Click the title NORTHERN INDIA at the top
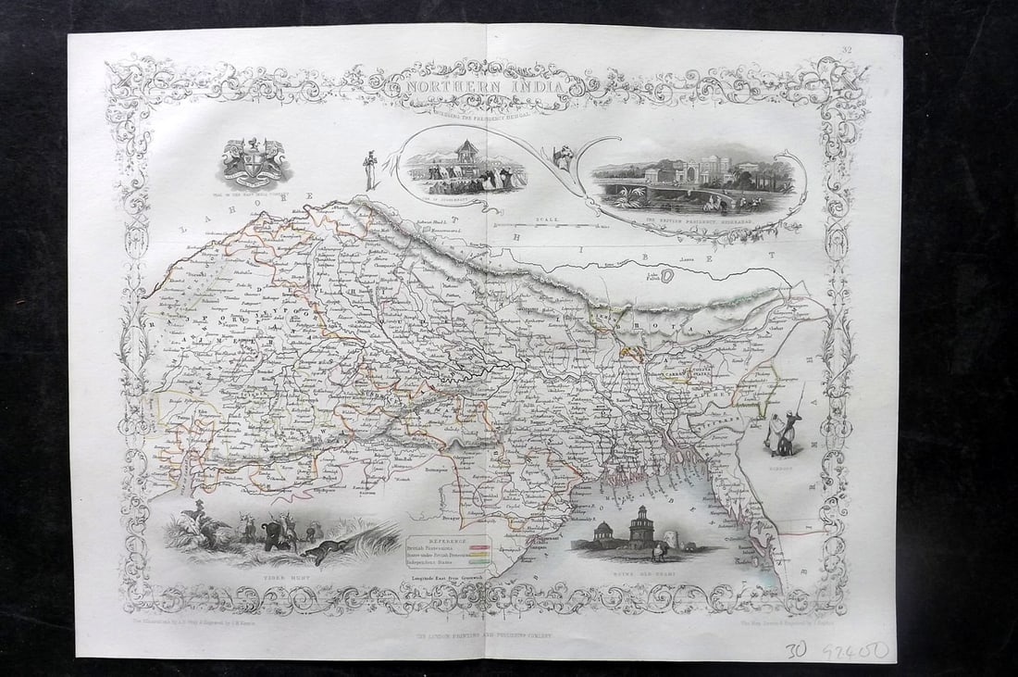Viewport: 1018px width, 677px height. tap(479, 86)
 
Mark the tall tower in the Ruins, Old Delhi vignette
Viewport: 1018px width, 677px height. tap(639, 525)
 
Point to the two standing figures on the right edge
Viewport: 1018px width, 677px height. tap(782, 431)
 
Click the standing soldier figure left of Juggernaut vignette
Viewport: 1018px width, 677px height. tap(371, 170)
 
